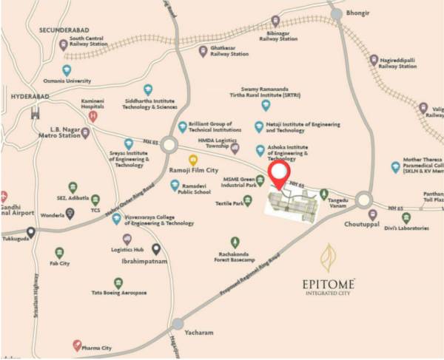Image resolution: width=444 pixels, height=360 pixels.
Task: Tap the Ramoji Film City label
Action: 193,171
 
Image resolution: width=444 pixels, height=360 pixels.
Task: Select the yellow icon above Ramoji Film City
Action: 193,159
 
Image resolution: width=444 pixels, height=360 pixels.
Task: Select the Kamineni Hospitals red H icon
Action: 92,116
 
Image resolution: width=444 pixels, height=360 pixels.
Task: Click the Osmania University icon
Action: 67,69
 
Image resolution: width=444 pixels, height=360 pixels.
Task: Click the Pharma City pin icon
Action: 77,345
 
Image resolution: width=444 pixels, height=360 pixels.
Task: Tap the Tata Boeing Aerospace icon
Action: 118,283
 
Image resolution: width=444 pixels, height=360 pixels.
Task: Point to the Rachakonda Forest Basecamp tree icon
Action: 235,242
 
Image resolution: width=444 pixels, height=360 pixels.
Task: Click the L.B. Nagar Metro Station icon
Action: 85,133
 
